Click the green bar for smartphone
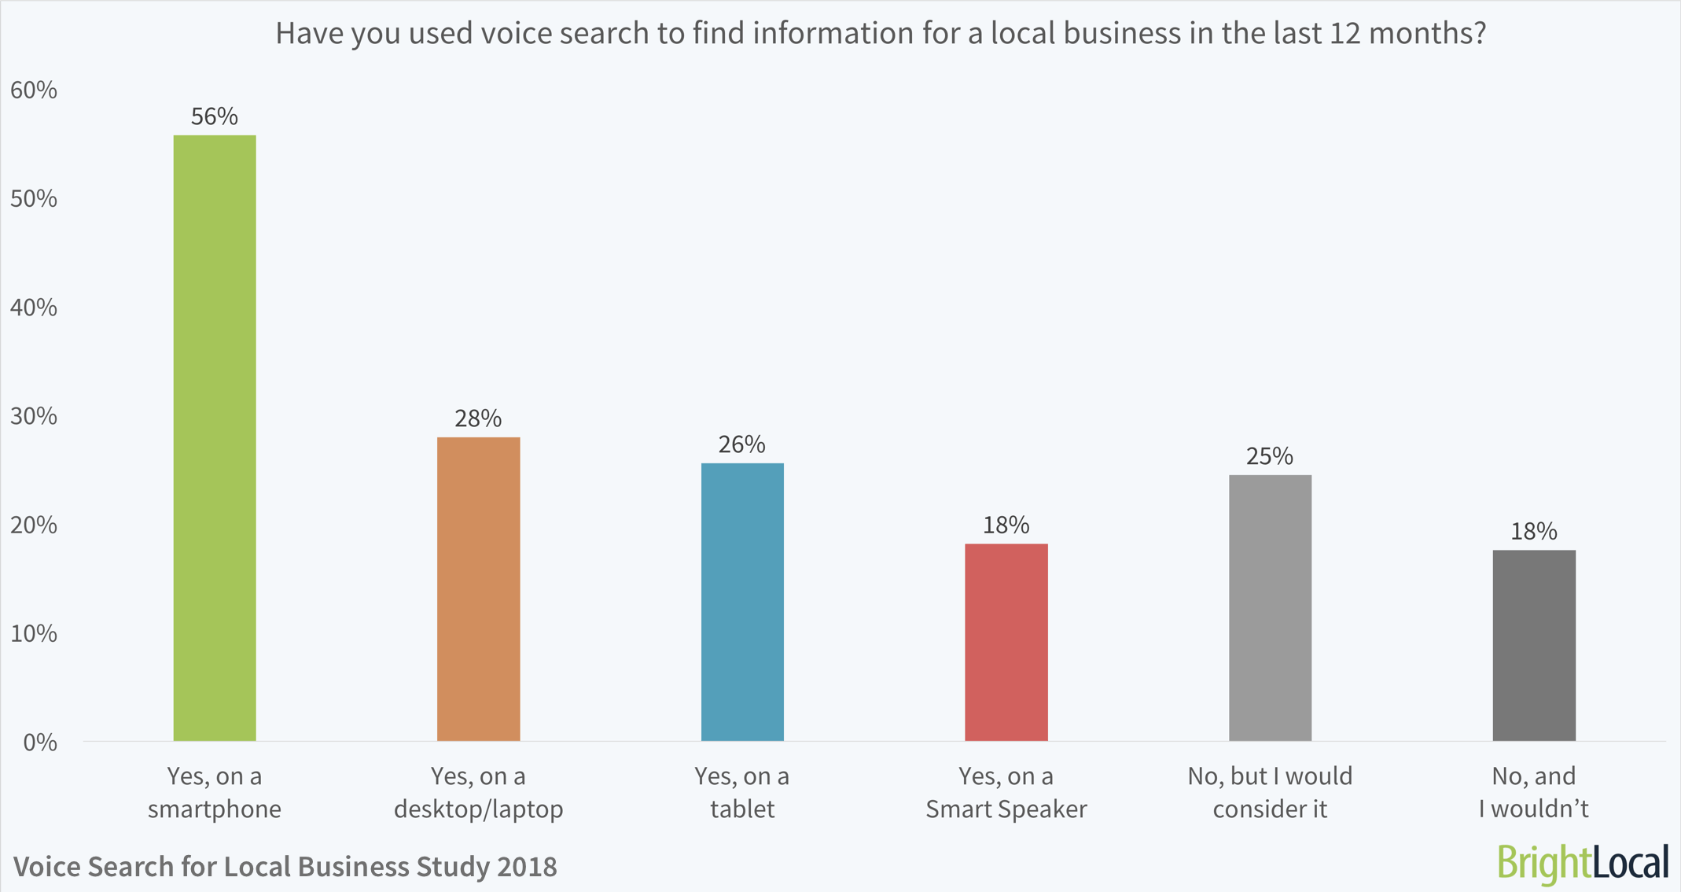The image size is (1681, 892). [x=214, y=438]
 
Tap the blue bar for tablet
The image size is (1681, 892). [x=742, y=602]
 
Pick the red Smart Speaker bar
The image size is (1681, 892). [x=1006, y=642]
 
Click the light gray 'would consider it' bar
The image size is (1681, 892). [x=1270, y=607]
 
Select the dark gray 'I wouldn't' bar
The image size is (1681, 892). [x=1533, y=645]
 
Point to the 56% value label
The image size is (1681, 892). [x=214, y=117]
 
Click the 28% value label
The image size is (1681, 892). [x=478, y=418]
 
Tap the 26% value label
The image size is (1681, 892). [x=741, y=445]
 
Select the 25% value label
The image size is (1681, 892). [x=1269, y=457]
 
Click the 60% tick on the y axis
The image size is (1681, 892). [x=34, y=90]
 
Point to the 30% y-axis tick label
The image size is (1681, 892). [x=34, y=416]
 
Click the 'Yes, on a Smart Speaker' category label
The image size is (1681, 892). [x=1006, y=792]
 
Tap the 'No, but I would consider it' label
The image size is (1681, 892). [x=1270, y=792]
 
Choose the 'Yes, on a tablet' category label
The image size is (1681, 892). [x=741, y=792]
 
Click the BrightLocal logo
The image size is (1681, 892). [x=1583, y=863]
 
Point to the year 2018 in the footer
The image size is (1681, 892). [x=527, y=867]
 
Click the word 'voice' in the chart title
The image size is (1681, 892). [x=515, y=34]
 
